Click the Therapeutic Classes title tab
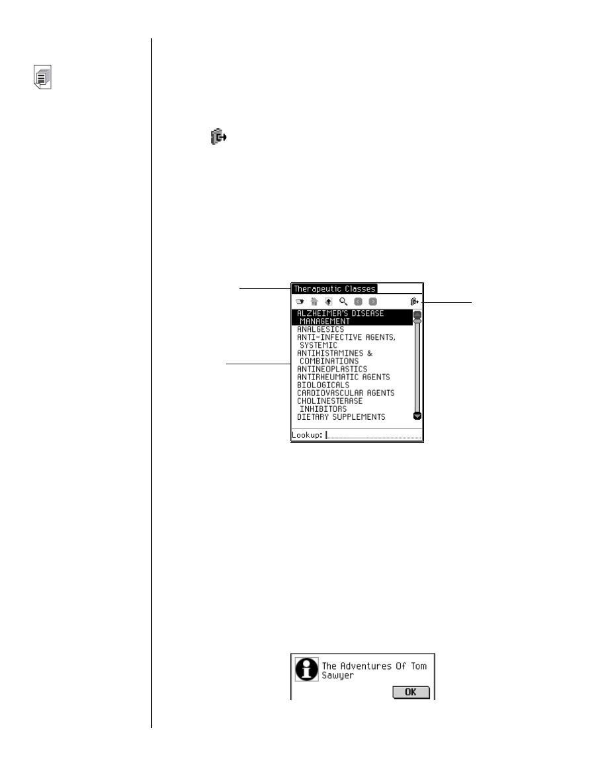[x=334, y=289]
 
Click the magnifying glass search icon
[x=343, y=302]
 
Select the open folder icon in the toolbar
[x=299, y=302]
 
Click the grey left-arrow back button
[x=359, y=302]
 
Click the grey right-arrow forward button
[x=373, y=302]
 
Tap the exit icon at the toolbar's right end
[x=415, y=302]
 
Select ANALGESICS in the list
[x=320, y=329]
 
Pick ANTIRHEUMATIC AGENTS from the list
[x=343, y=377]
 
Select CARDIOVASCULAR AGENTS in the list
[x=345, y=393]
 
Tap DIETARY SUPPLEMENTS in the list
[x=341, y=417]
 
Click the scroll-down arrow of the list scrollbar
[x=417, y=416]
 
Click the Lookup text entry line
[x=374, y=435]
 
